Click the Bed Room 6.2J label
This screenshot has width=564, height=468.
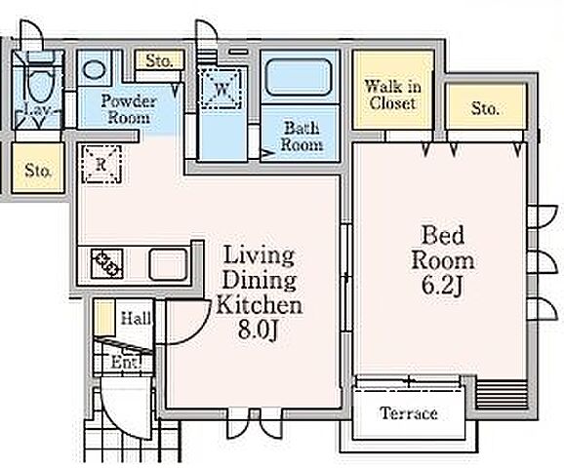(x=442, y=260)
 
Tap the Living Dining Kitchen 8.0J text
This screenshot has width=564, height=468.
(x=259, y=292)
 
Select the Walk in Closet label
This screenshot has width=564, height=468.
(x=392, y=95)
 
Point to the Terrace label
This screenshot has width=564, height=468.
(x=409, y=413)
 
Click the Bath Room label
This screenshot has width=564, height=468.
(x=302, y=136)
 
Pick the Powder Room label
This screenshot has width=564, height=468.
(x=129, y=109)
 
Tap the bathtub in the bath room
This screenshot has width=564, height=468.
(x=299, y=77)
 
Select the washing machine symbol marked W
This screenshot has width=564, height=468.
(x=221, y=88)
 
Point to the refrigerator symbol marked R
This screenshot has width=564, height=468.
(x=101, y=164)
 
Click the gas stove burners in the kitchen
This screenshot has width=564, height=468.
(x=107, y=264)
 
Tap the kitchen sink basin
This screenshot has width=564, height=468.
(x=168, y=265)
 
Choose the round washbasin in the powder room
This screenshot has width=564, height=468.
(x=95, y=70)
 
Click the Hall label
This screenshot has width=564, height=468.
(x=136, y=319)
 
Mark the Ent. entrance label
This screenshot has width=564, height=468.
(x=125, y=362)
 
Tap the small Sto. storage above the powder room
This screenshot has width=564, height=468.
(x=159, y=60)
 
